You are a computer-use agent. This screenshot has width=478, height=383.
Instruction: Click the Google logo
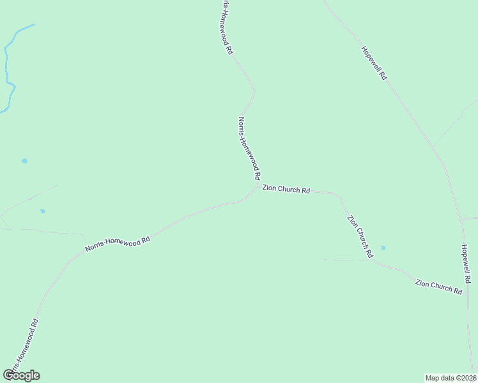point(22,375)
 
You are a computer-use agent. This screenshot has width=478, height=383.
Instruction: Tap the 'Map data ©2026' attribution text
point(451,378)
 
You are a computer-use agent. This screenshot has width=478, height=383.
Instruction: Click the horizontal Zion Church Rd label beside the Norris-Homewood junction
point(286,190)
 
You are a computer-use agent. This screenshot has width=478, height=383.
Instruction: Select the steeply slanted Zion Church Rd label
point(360,236)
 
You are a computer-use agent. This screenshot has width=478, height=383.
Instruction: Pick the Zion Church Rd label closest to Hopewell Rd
point(438,286)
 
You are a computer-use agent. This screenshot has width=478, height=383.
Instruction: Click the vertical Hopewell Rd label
point(466,263)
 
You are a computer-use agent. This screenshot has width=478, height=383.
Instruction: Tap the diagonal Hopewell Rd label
point(374,63)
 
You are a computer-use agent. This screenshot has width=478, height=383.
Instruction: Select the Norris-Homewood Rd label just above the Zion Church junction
point(249,147)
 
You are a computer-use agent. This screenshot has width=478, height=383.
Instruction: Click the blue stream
point(8,70)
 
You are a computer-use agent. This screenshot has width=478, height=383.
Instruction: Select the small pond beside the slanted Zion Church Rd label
point(383,248)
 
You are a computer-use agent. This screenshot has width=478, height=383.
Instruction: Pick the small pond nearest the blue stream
point(24,161)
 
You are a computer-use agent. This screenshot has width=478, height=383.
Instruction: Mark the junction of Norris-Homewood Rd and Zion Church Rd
point(256,187)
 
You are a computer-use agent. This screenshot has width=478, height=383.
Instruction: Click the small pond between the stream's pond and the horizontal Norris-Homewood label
point(43,211)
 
